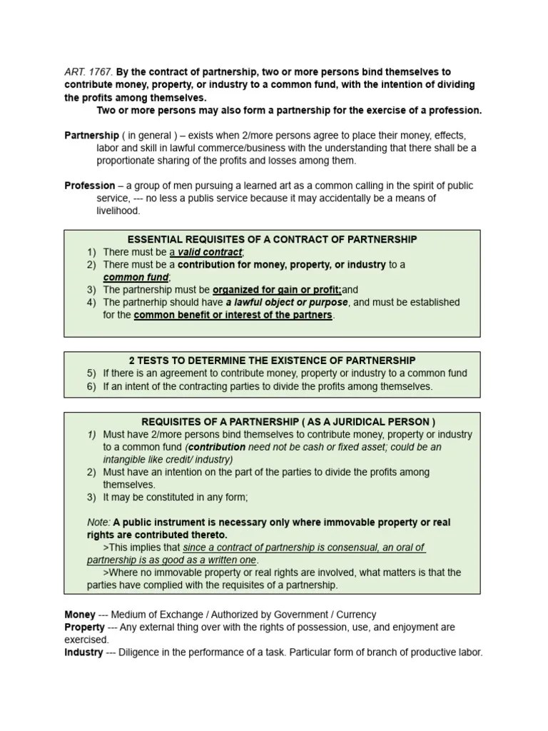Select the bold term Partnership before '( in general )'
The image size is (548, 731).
pos(91,135)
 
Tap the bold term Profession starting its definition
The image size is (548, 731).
pos(90,186)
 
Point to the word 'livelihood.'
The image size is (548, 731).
pos(119,211)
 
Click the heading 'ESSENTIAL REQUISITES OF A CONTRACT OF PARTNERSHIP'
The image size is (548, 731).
pos(272,239)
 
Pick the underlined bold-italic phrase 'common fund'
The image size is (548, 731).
pos(136,277)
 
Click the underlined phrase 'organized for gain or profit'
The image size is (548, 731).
pos(277,290)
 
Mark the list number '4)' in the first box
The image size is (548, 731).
pos(91,303)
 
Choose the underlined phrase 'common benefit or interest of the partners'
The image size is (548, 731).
pos(233,315)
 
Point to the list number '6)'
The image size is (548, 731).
pos(91,386)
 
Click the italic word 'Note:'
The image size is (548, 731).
pos(98,523)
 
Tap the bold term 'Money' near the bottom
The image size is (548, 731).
pos(79,615)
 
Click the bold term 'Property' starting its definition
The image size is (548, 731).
pos(84,627)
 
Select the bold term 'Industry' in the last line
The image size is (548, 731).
pos(83,652)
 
